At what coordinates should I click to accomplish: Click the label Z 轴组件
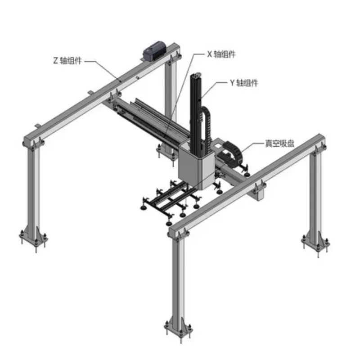point(67,60)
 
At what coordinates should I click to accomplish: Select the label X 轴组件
point(221,54)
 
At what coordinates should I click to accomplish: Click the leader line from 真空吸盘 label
point(255,146)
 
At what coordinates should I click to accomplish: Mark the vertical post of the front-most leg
point(179,279)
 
